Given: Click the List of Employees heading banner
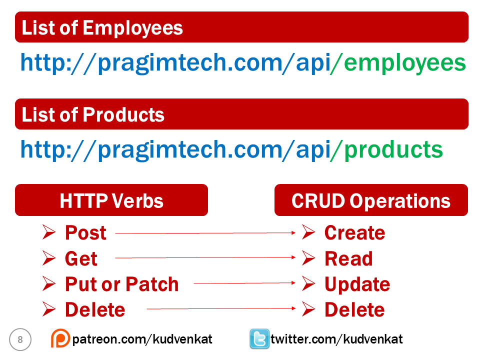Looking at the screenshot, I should pyautogui.click(x=241, y=27).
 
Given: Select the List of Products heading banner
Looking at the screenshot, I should pyautogui.click(x=241, y=114).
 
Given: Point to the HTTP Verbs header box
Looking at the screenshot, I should pyautogui.click(x=111, y=200).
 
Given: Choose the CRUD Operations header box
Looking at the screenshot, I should pyautogui.click(x=370, y=200).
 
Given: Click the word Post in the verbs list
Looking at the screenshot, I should pyautogui.click(x=85, y=233).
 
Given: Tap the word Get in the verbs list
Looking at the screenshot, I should pyautogui.click(x=81, y=259).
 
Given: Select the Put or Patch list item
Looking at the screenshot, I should pyautogui.click(x=121, y=284).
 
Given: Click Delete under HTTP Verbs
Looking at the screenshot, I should pyautogui.click(x=94, y=309).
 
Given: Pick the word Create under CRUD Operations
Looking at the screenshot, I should pyautogui.click(x=354, y=233).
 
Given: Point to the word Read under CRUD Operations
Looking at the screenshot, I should pyautogui.click(x=348, y=259).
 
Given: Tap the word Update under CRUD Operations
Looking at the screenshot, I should pyautogui.click(x=357, y=284).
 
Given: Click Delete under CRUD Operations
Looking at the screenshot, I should pyautogui.click(x=354, y=309).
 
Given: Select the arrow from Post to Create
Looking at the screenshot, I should pyautogui.click(x=205, y=233).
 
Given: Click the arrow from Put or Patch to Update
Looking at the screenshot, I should pyautogui.click(x=244, y=283).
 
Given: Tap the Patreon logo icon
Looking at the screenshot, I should pyautogui.click(x=60, y=339).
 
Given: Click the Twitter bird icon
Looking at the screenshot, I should pyautogui.click(x=259, y=339).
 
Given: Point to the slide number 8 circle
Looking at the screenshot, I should pyautogui.click(x=20, y=340).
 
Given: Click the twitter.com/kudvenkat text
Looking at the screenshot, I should pyautogui.click(x=336, y=339).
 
